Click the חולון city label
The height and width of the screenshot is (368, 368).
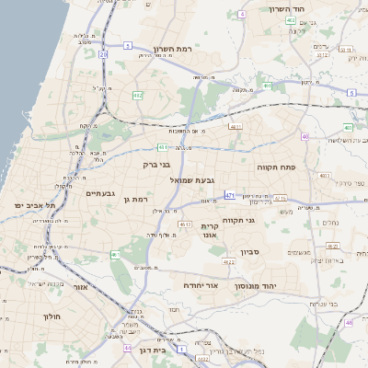[x=51, y=316]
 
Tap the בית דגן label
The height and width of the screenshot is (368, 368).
[x=149, y=350]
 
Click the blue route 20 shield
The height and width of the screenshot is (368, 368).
[x=104, y=55]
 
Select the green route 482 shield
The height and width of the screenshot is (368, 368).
[x=138, y=95]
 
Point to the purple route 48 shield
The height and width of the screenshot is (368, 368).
[x=350, y=323]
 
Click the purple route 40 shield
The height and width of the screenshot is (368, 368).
[x=305, y=137]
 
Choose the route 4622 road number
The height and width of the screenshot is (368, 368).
[x=226, y=262]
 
